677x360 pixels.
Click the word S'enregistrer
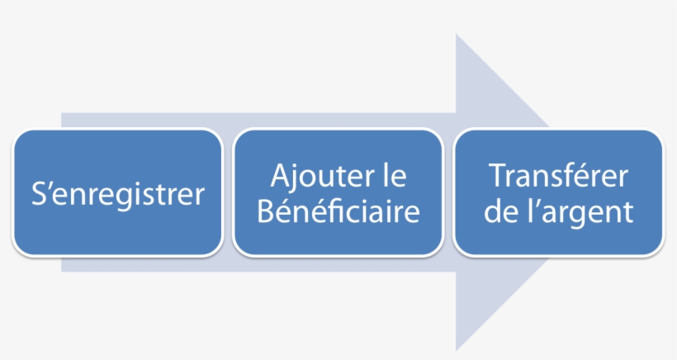point(118,194)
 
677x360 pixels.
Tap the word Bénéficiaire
point(338,211)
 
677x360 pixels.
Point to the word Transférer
point(558,175)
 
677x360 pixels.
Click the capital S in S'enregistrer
point(39,193)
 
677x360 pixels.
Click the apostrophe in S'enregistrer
point(50,185)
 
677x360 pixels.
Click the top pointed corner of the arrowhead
point(456,34)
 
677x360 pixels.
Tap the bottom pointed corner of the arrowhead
point(456,351)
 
